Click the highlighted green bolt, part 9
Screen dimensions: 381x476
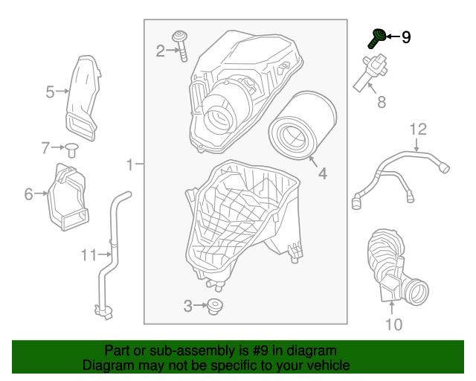[x=379, y=35]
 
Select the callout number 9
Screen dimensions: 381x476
[x=406, y=36]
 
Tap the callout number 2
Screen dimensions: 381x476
[x=160, y=51]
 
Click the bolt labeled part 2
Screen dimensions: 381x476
[x=181, y=45]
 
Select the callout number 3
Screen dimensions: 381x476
[x=187, y=305]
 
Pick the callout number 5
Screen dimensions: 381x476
[x=50, y=92]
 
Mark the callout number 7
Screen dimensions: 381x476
[x=45, y=147]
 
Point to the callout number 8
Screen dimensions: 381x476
[x=382, y=103]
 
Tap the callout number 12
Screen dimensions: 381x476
[x=419, y=129]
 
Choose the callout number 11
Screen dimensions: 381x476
[x=89, y=255]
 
